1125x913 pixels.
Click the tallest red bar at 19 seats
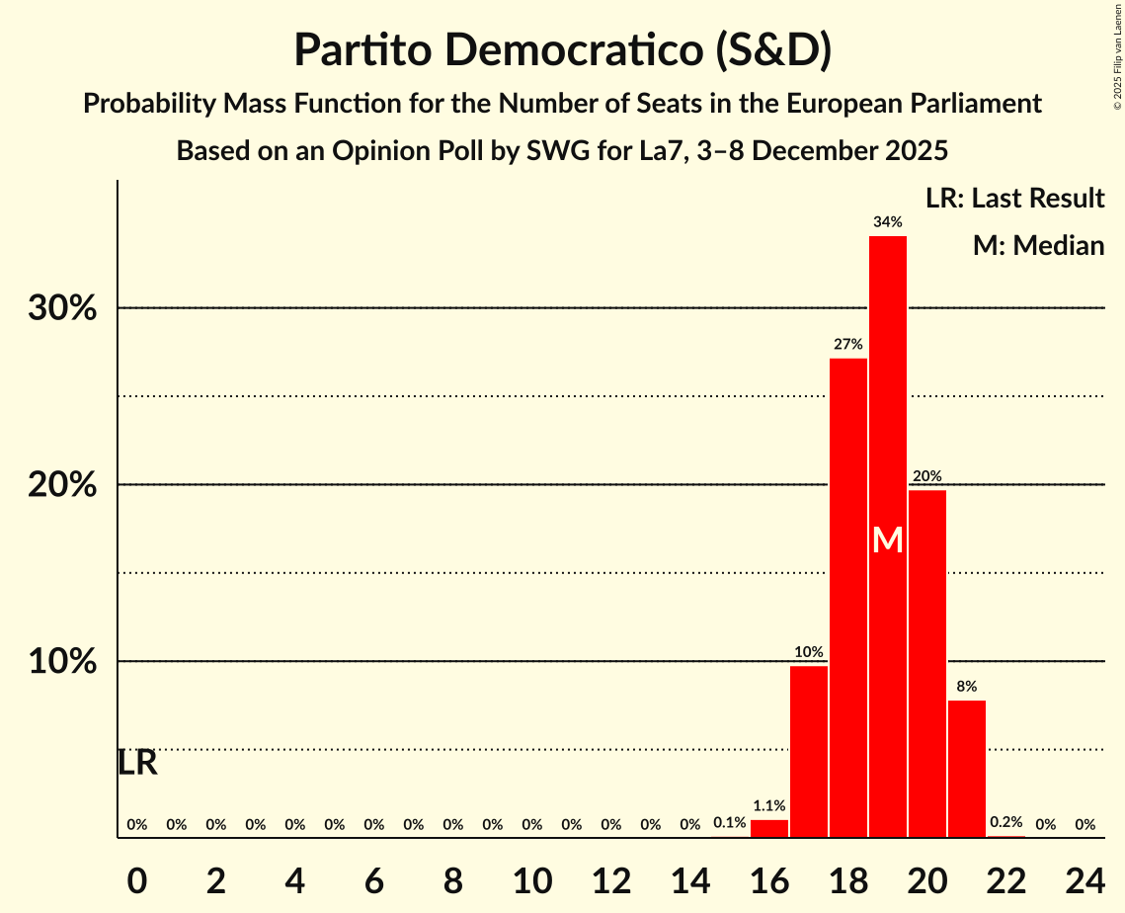(x=887, y=395)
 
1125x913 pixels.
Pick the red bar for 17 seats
(x=808, y=752)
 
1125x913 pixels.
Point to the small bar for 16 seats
(x=769, y=829)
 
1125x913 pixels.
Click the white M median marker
(x=888, y=539)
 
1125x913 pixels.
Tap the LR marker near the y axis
(x=137, y=763)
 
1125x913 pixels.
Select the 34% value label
(x=887, y=222)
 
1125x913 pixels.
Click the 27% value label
(x=847, y=345)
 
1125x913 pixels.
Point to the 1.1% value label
(x=769, y=806)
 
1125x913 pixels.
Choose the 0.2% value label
(x=1005, y=823)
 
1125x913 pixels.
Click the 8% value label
(x=966, y=687)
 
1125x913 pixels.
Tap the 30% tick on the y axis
(x=61, y=308)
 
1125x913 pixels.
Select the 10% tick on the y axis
(x=61, y=662)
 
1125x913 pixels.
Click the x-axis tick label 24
(x=1085, y=875)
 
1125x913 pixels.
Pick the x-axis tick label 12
(x=610, y=875)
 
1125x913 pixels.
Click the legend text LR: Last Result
(x=1014, y=199)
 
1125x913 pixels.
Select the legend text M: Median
(x=1038, y=246)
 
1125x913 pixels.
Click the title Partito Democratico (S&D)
(x=562, y=50)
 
